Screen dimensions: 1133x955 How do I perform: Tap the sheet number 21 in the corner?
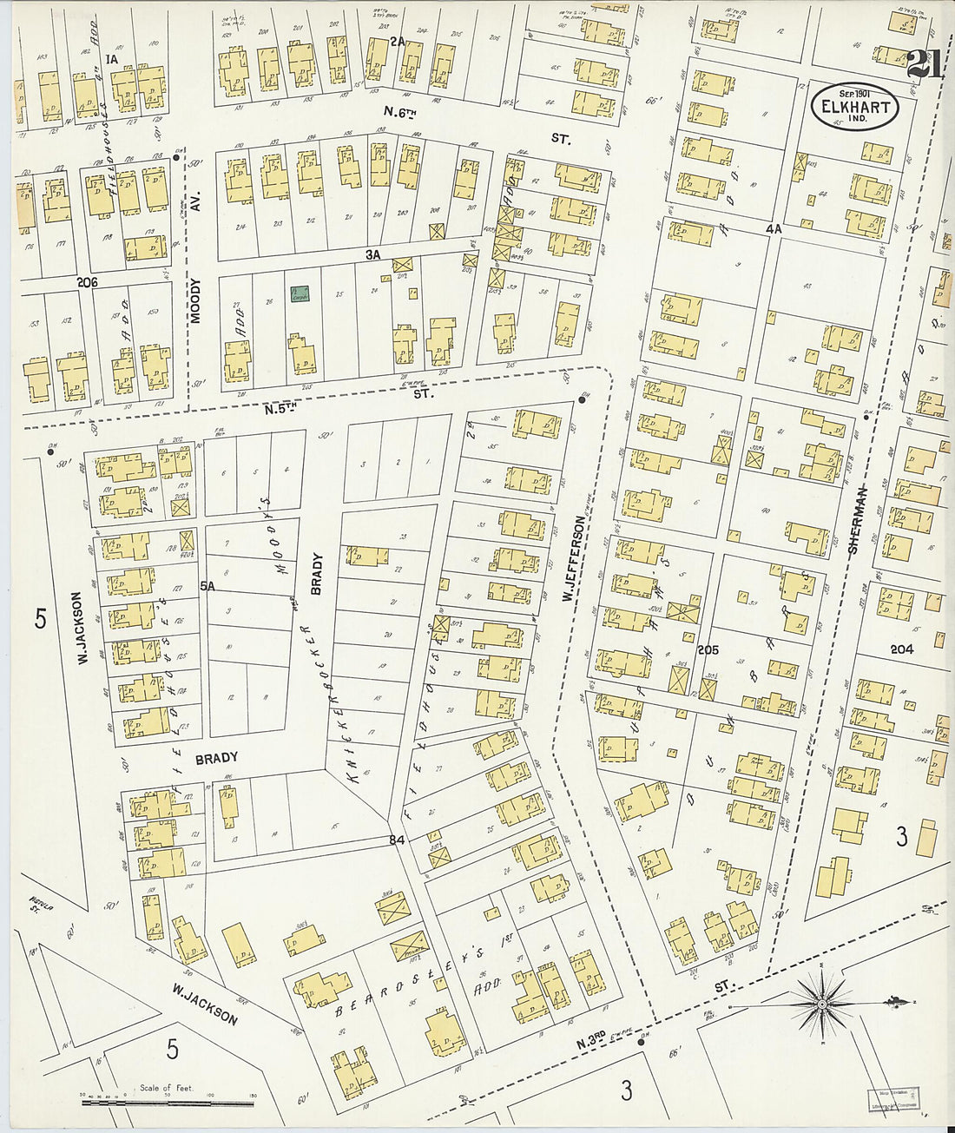(x=928, y=66)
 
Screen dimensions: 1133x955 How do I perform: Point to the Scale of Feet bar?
(x=168, y=1103)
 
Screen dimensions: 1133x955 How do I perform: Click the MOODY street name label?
(x=195, y=300)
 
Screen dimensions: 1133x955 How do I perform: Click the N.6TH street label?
(x=401, y=111)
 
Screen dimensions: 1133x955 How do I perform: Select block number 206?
(x=87, y=282)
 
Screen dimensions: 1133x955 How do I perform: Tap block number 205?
(x=708, y=649)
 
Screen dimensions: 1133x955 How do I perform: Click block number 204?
(x=902, y=649)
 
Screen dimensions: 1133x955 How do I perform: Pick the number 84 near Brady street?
(x=397, y=840)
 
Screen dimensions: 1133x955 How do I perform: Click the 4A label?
(x=773, y=228)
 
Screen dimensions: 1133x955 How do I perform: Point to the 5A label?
(x=207, y=587)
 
